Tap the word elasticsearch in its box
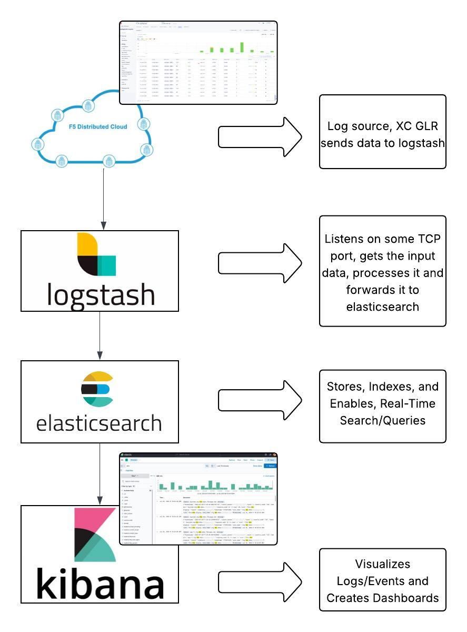pyautogui.click(x=99, y=423)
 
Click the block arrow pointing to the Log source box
pyautogui.click(x=260, y=137)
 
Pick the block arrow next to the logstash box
pyautogui.click(x=260, y=263)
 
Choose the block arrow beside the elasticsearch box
pyautogui.click(x=260, y=401)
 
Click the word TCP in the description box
pyautogui.click(x=428, y=239)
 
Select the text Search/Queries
pyautogui.click(x=382, y=420)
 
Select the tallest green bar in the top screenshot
pyautogui.click(x=242, y=47)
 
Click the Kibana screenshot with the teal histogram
pyautogui.click(x=198, y=498)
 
